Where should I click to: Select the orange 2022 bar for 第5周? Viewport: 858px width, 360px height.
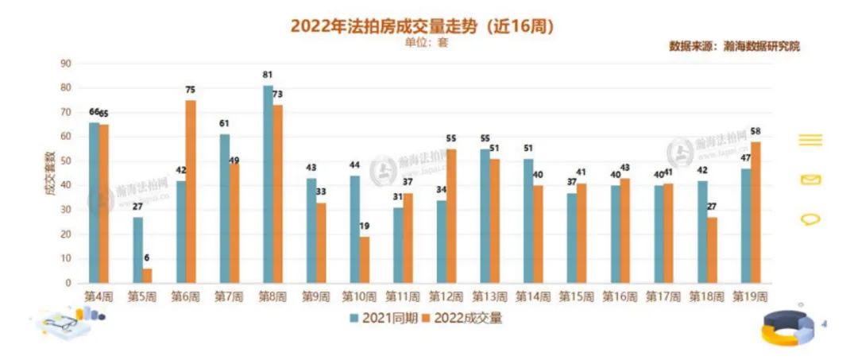click(147, 275)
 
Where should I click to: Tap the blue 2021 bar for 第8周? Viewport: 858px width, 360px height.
click(268, 184)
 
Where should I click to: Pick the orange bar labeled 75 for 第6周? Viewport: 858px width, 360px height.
click(191, 191)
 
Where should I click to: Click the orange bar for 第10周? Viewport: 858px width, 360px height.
click(363, 259)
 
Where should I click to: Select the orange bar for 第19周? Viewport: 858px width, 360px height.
click(755, 211)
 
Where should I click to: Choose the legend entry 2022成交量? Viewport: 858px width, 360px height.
click(462, 318)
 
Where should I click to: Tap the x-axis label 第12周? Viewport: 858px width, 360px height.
click(446, 296)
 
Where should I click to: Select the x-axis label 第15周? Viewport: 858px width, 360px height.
click(575, 296)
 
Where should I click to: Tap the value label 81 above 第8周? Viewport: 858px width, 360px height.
click(268, 75)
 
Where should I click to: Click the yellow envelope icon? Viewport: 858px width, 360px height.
click(810, 180)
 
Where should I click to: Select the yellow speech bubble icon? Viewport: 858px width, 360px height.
click(810, 219)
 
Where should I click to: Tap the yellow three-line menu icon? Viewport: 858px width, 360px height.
click(810, 141)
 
